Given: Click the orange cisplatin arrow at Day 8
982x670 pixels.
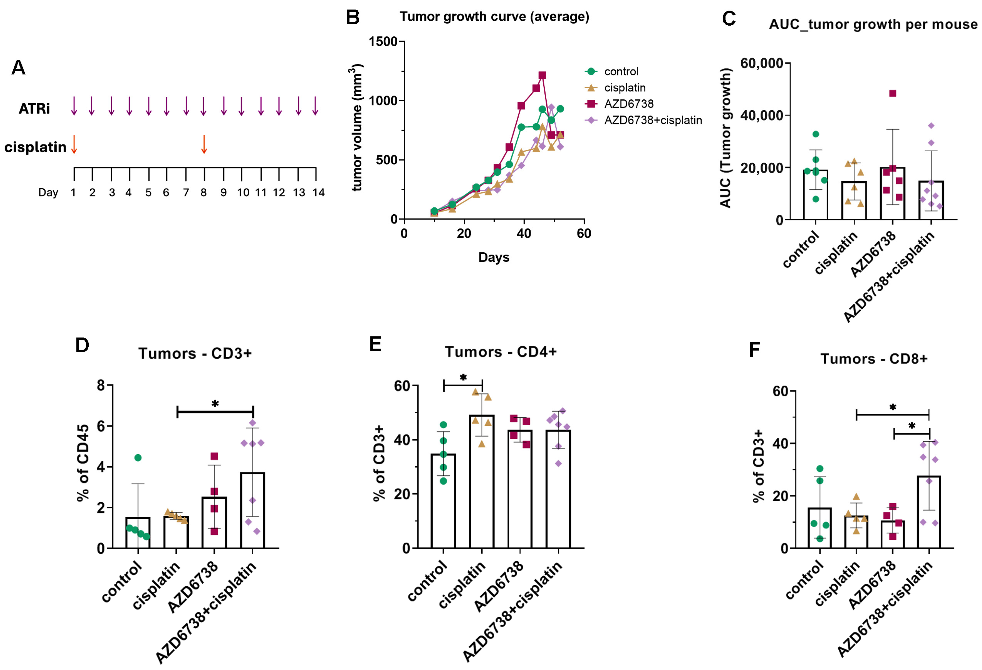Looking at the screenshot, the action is click(x=204, y=144).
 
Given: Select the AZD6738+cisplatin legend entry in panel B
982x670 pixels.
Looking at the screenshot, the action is click(x=643, y=120).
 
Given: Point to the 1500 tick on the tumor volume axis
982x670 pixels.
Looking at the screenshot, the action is click(x=383, y=42).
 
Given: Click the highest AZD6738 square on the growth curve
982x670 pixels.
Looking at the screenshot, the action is click(x=542, y=75).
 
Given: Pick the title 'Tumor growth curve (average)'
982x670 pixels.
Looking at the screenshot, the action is click(x=494, y=17).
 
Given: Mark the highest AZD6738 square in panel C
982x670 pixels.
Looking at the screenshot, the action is click(x=893, y=93).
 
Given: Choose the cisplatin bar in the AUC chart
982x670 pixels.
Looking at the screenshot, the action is click(x=854, y=201).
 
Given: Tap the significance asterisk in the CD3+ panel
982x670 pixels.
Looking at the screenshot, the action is click(x=215, y=404).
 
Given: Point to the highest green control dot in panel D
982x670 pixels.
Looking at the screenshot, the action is click(x=138, y=458).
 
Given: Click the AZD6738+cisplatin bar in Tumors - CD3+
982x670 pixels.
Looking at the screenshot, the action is click(x=252, y=511).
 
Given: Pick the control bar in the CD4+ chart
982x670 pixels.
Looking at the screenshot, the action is click(x=443, y=501).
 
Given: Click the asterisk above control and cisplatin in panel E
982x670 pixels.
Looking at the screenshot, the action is click(x=463, y=377).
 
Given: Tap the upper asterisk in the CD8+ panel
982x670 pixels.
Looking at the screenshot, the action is click(x=893, y=407).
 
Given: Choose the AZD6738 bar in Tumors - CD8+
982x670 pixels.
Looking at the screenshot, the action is click(x=893, y=534).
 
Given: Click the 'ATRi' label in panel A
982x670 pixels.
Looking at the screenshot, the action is click(x=34, y=109).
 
